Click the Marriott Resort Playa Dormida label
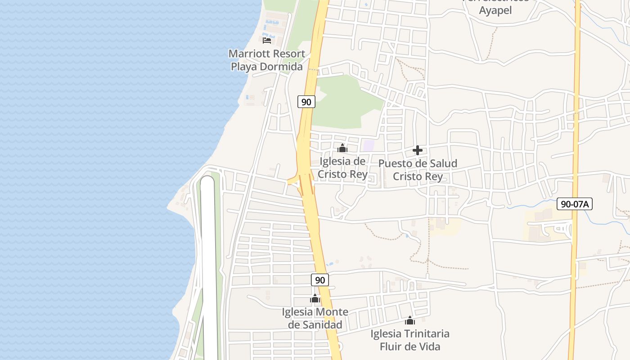pyautogui.click(x=267, y=60)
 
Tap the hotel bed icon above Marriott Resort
pyautogui.click(x=267, y=40)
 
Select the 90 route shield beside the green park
pyautogui.click(x=306, y=102)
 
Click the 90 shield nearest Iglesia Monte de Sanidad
pyautogui.click(x=319, y=280)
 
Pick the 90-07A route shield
pyautogui.click(x=574, y=204)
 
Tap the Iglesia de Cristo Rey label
pyautogui.click(x=342, y=167)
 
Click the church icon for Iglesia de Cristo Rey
pyautogui.click(x=342, y=148)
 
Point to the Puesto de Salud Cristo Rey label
pyautogui.click(x=418, y=170)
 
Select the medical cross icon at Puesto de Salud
pyautogui.click(x=418, y=150)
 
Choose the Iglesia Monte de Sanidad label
pyautogui.click(x=315, y=318)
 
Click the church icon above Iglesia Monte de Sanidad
pyautogui.click(x=315, y=298)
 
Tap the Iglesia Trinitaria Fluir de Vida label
pyautogui.click(x=410, y=340)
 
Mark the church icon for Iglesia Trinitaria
pyautogui.click(x=410, y=320)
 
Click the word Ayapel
pyautogui.click(x=495, y=10)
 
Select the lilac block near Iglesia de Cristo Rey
pyautogui.click(x=369, y=146)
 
